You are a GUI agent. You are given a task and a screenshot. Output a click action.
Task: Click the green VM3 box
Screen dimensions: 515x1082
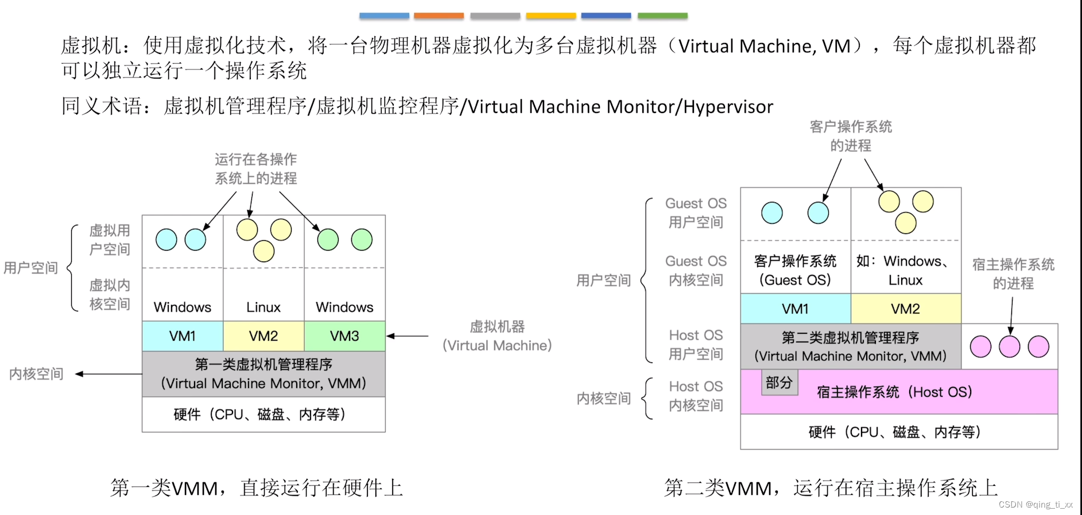tap(344, 336)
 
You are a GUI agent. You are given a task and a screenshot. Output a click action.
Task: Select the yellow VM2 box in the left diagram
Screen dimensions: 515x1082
tap(263, 336)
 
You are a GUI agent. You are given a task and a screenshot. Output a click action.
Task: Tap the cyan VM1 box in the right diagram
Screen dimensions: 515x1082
tap(795, 309)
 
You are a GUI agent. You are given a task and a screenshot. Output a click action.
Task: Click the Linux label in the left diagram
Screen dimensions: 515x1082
tap(263, 307)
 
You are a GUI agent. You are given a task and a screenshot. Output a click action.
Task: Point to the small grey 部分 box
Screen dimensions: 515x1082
tap(779, 383)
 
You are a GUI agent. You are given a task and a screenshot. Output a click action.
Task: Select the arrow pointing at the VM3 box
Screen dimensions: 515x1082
tap(408, 336)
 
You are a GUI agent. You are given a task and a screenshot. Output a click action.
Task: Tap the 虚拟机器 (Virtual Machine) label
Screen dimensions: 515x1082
tap(497, 336)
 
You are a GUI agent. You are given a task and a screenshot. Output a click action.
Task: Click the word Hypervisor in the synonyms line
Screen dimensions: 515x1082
tap(728, 107)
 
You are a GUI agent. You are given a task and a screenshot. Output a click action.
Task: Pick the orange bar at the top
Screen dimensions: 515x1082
tap(439, 16)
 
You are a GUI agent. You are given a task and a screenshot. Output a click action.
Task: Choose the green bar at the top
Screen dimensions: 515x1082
tap(662, 16)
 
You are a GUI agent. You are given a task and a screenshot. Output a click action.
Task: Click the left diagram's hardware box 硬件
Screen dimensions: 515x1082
tap(263, 415)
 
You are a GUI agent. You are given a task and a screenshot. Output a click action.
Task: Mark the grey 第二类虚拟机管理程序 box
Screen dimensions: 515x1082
tap(850, 346)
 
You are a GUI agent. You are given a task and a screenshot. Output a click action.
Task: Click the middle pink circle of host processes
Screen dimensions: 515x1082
tap(1010, 346)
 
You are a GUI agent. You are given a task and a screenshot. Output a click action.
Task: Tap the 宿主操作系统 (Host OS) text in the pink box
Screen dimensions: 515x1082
tap(894, 392)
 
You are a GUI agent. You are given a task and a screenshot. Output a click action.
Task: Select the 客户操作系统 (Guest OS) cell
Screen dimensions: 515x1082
tap(795, 271)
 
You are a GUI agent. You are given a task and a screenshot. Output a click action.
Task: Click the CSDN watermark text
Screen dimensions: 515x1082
tap(1035, 505)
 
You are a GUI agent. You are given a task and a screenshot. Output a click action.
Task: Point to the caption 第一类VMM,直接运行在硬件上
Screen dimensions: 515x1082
tap(257, 488)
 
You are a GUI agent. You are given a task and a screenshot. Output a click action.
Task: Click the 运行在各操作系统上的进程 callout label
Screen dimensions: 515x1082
tap(256, 169)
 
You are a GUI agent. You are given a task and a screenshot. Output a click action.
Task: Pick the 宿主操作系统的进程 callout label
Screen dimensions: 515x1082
tap(1013, 274)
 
